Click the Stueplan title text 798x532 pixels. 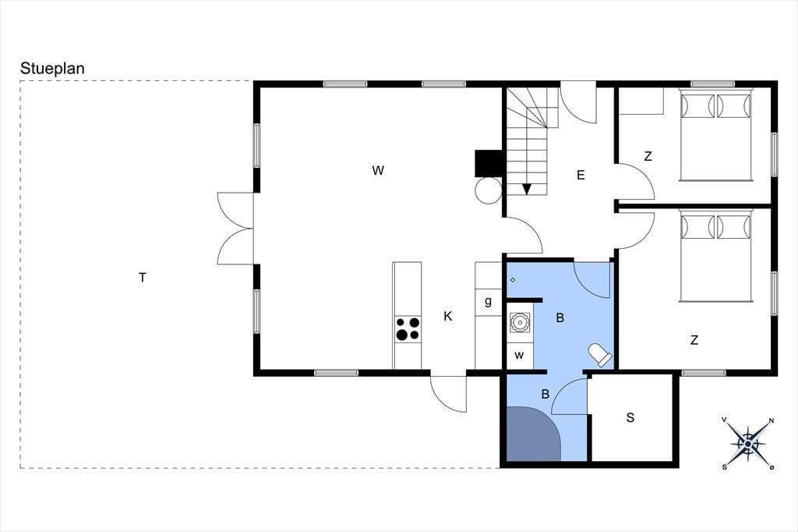click(x=52, y=69)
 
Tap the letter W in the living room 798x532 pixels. click(x=378, y=170)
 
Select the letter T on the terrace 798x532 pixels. click(x=143, y=278)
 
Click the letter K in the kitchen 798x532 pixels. click(x=448, y=317)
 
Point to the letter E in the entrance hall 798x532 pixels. click(x=581, y=176)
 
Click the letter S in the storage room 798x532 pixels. click(x=630, y=418)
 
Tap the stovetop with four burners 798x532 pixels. click(x=408, y=328)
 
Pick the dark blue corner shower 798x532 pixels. click(x=531, y=434)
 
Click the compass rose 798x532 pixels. click(x=747, y=443)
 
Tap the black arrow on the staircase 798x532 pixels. click(x=527, y=189)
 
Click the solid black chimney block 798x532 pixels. click(x=489, y=163)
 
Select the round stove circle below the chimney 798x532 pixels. click(x=489, y=190)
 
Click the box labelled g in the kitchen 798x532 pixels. click(x=489, y=302)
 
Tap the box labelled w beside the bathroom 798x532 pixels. click(x=520, y=355)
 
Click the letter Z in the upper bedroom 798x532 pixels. click(x=648, y=157)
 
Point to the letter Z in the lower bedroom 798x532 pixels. click(x=694, y=340)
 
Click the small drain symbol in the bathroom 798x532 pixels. click(x=513, y=280)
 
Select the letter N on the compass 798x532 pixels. click(x=772, y=420)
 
